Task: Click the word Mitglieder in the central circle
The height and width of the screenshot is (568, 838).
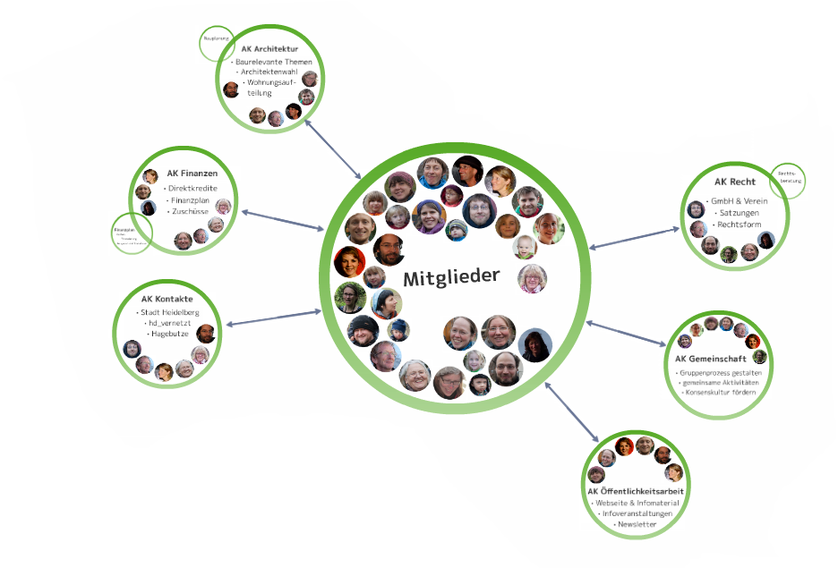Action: pyautogui.click(x=450, y=277)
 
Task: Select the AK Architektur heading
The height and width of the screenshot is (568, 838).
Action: pyautogui.click(x=269, y=49)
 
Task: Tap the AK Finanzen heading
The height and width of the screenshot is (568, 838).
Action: pyautogui.click(x=192, y=173)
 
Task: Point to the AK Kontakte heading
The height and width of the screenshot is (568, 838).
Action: pyautogui.click(x=167, y=299)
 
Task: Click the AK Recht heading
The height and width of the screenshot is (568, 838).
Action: pyautogui.click(x=735, y=182)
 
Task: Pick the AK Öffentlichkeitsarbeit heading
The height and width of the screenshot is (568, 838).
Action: pyautogui.click(x=636, y=491)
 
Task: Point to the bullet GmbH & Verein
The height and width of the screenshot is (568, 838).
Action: pyautogui.click(x=737, y=201)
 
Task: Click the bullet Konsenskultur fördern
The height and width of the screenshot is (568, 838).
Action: pyautogui.click(x=721, y=392)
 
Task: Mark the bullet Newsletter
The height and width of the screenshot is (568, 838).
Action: pyautogui.click(x=637, y=524)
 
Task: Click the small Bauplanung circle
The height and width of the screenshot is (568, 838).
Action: pyautogui.click(x=216, y=41)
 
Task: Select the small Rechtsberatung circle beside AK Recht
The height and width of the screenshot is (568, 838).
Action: pyautogui.click(x=788, y=180)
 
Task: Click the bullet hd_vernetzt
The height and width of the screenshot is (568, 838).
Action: pyautogui.click(x=167, y=323)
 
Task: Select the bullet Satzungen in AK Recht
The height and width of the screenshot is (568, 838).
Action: pyautogui.click(x=736, y=213)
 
